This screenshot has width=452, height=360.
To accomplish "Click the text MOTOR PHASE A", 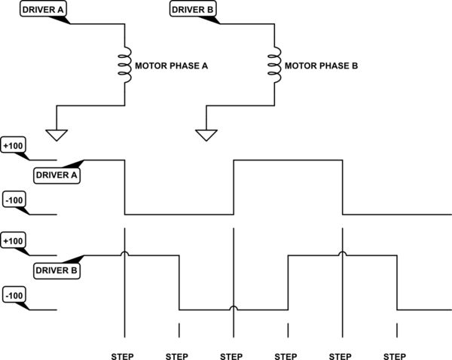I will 171,66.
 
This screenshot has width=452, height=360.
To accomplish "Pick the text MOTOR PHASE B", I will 320,66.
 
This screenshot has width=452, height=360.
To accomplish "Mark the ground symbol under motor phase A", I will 56,135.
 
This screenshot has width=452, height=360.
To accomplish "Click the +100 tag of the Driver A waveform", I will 14,145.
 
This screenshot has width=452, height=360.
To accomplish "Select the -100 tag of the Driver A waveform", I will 14,200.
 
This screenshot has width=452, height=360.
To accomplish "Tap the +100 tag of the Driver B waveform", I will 14,241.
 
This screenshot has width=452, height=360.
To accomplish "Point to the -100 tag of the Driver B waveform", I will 14,295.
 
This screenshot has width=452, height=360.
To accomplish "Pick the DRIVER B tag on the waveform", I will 56,269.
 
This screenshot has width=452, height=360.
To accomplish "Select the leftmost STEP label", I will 124,355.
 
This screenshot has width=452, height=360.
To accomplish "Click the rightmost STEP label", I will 396,355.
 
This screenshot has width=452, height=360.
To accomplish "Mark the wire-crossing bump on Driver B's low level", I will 234,307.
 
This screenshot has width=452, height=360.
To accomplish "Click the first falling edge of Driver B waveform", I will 179,282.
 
